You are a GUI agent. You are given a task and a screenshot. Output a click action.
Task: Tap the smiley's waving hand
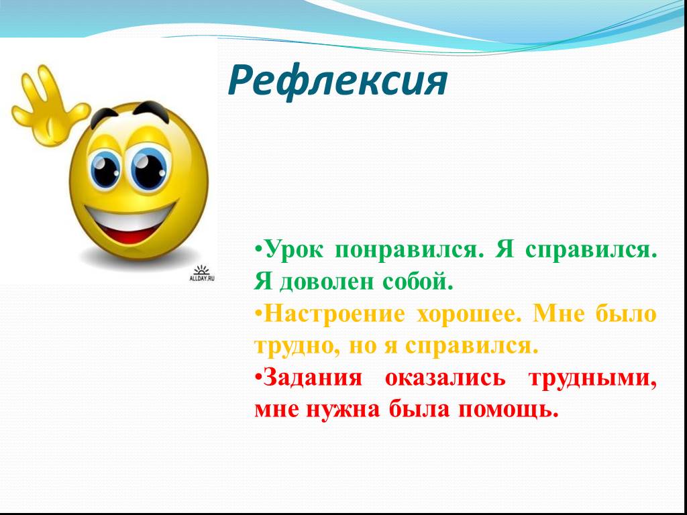point(50,107)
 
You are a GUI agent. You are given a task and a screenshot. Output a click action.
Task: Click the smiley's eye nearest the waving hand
point(105,169)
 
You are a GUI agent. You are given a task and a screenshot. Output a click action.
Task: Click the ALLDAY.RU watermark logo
point(201,273)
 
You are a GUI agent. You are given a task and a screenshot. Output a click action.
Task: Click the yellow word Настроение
point(334,314)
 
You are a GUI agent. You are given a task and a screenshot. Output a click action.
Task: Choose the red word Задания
point(313,378)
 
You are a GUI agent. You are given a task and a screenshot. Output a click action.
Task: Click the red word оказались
point(445,378)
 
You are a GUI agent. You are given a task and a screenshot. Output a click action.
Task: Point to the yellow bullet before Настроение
point(259,314)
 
